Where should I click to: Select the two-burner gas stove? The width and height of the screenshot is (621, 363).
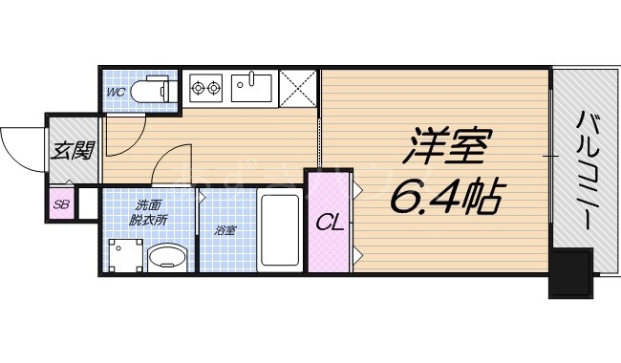pos(205,90)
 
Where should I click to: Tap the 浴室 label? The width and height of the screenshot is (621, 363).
pos(224,230)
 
